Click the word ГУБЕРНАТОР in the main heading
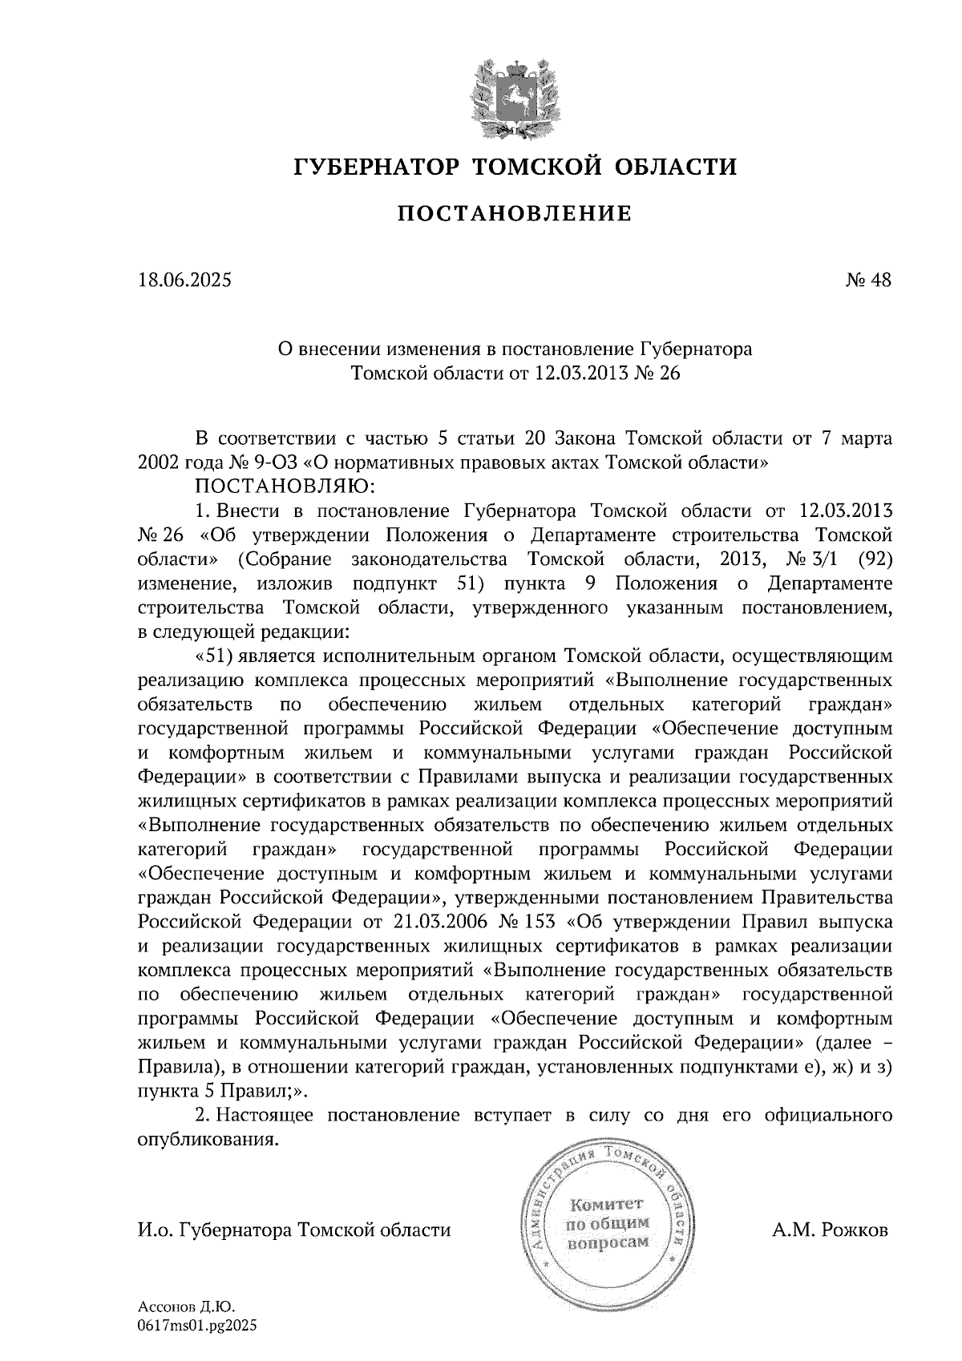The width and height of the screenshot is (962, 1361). pos(376,167)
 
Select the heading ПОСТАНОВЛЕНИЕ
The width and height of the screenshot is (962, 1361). pos(514,214)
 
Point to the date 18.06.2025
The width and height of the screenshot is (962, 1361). pos(184,280)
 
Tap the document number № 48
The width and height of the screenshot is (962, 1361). pos(868,280)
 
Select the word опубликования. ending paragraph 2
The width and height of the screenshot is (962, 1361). pos(208,1139)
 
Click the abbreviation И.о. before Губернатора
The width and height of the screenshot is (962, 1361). pos(155,1230)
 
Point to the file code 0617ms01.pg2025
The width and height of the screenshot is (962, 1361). pos(197,1327)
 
